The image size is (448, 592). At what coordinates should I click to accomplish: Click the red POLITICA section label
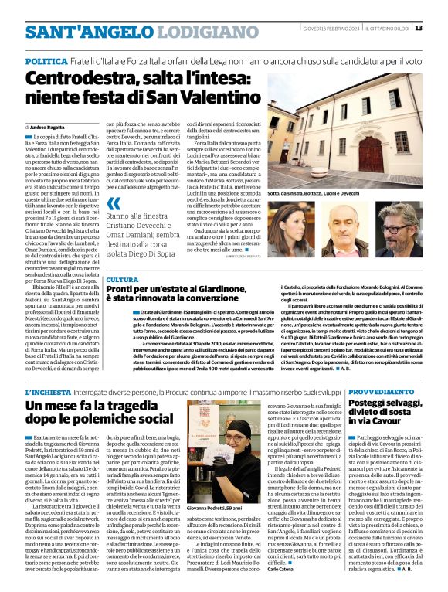[46, 60]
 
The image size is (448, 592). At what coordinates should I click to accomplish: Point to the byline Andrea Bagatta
[47, 126]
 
